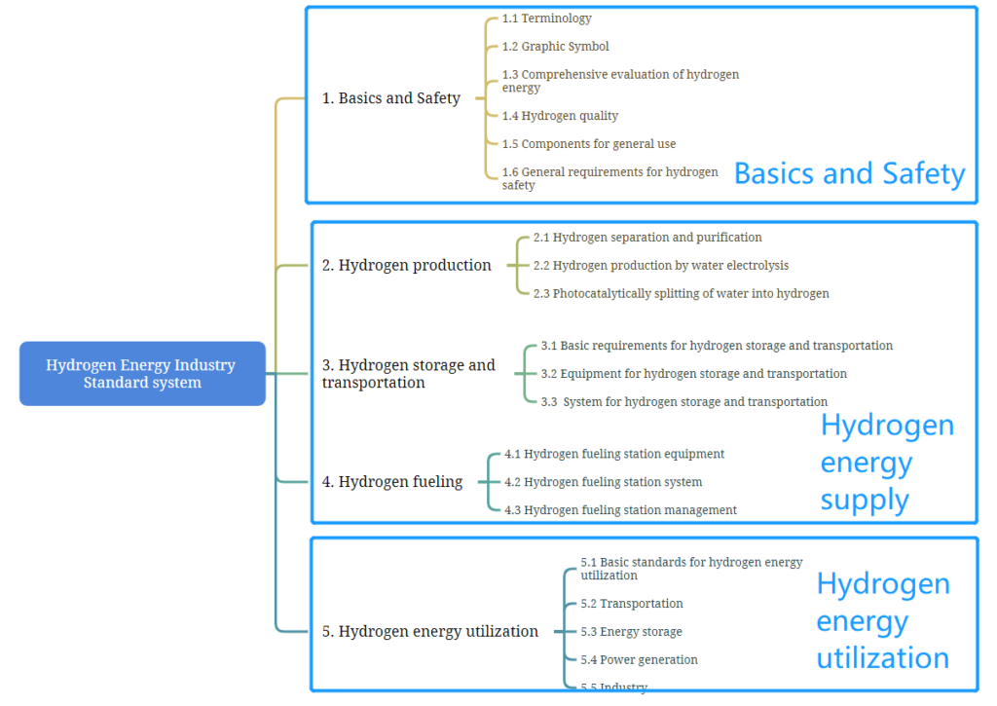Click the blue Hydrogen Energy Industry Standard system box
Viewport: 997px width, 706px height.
142,373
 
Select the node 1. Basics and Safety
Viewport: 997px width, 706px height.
391,98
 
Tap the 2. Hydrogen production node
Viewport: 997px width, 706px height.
406,265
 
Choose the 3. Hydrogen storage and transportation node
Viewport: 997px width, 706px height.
408,373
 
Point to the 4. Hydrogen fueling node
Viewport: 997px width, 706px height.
392,481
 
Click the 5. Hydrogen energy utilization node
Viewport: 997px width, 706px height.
429,631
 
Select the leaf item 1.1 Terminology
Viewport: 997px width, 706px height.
547,19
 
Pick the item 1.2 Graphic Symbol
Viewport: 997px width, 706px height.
555,47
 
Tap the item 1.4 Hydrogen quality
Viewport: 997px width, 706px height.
560,116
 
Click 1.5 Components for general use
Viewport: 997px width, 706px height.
589,144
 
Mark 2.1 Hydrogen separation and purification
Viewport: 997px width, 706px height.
647,238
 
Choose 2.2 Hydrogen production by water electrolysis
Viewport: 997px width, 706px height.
661,265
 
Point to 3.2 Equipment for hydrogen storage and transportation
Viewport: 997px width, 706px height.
693,373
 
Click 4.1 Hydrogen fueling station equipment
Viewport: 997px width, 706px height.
614,454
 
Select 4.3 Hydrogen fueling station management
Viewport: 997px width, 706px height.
620,509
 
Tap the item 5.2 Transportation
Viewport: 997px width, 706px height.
631,603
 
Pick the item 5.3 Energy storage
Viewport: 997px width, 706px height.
631,632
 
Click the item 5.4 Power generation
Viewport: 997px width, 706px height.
639,659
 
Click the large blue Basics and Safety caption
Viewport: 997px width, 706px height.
849,173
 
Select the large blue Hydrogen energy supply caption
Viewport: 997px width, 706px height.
887,463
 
